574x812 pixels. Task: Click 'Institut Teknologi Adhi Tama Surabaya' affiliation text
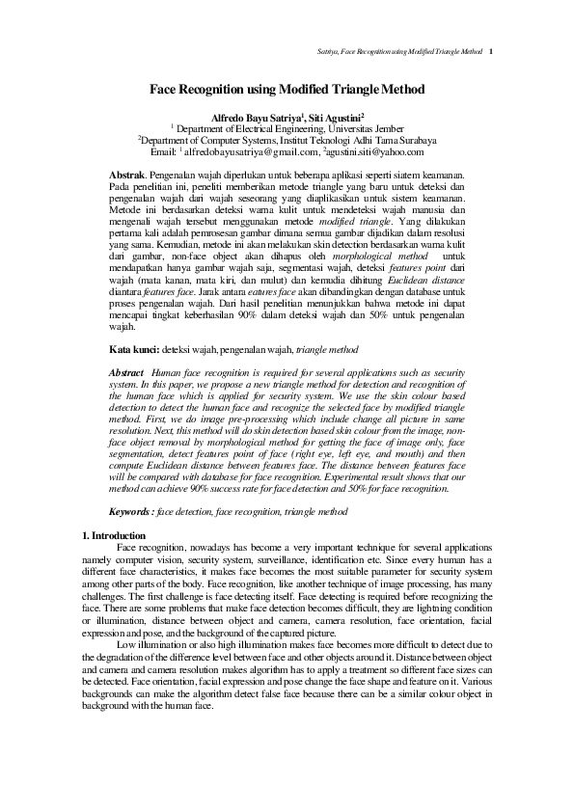[x=355, y=139]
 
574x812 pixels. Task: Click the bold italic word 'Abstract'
[x=127, y=371]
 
